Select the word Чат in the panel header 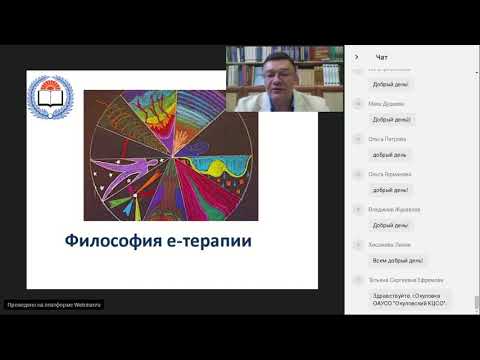pos(382,57)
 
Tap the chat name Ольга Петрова pos(388,139)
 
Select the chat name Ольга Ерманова pos(389,174)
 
